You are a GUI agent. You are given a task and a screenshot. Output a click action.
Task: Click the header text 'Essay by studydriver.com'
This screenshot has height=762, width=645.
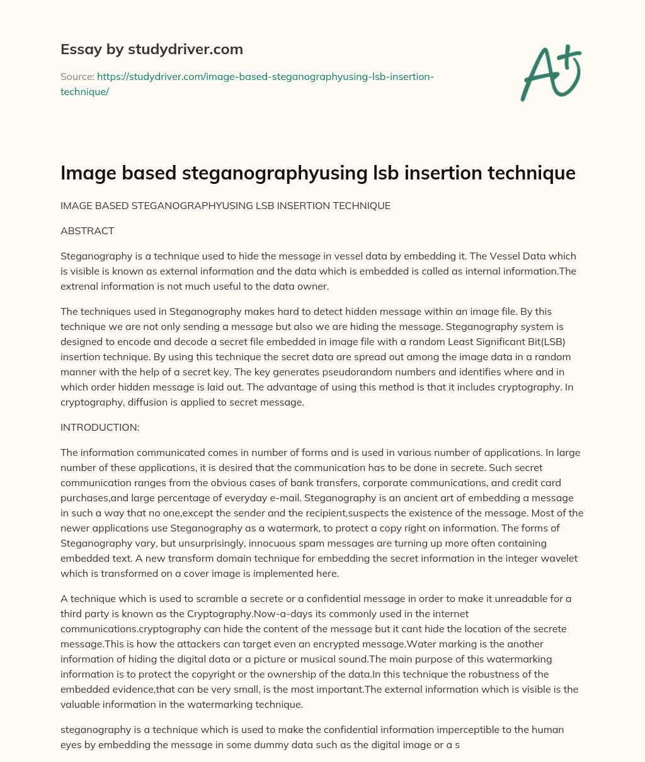[151, 49]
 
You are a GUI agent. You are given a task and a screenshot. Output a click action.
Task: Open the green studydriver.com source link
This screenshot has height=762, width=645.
[265, 76]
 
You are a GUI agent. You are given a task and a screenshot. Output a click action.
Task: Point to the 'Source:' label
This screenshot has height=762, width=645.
[76, 76]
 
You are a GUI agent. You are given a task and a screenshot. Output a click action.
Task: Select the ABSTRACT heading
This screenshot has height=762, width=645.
[87, 230]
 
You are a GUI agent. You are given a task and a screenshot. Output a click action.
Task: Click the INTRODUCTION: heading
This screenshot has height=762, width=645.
[100, 427]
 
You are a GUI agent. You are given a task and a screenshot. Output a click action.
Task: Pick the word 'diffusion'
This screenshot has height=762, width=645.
[148, 402]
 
